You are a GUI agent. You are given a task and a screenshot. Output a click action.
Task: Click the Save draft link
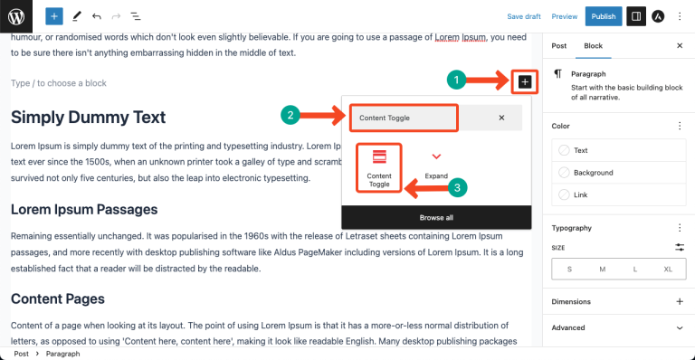(523, 16)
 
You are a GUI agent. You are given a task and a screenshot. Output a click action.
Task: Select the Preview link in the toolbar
(565, 16)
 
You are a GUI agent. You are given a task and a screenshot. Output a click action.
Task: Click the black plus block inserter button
(525, 81)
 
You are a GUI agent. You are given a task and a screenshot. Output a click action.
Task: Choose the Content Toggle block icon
(378, 166)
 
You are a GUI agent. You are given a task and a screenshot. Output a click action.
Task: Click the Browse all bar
(436, 217)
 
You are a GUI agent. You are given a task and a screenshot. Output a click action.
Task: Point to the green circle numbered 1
(458, 81)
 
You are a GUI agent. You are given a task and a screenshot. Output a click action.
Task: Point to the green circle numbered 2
(290, 116)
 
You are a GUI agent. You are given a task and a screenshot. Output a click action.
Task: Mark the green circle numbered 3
(459, 188)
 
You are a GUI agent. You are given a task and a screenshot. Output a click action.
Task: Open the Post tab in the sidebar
(559, 45)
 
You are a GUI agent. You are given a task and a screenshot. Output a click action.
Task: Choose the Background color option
(593, 173)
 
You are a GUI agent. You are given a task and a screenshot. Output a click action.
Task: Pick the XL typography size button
(668, 270)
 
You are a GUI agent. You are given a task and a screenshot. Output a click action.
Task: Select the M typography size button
(602, 270)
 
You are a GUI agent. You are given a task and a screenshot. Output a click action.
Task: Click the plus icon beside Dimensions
(680, 301)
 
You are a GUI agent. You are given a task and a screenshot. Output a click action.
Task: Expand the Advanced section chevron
(680, 327)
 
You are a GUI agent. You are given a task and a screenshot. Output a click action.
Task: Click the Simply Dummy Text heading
(89, 117)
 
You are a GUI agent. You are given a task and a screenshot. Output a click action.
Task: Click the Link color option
(581, 194)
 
